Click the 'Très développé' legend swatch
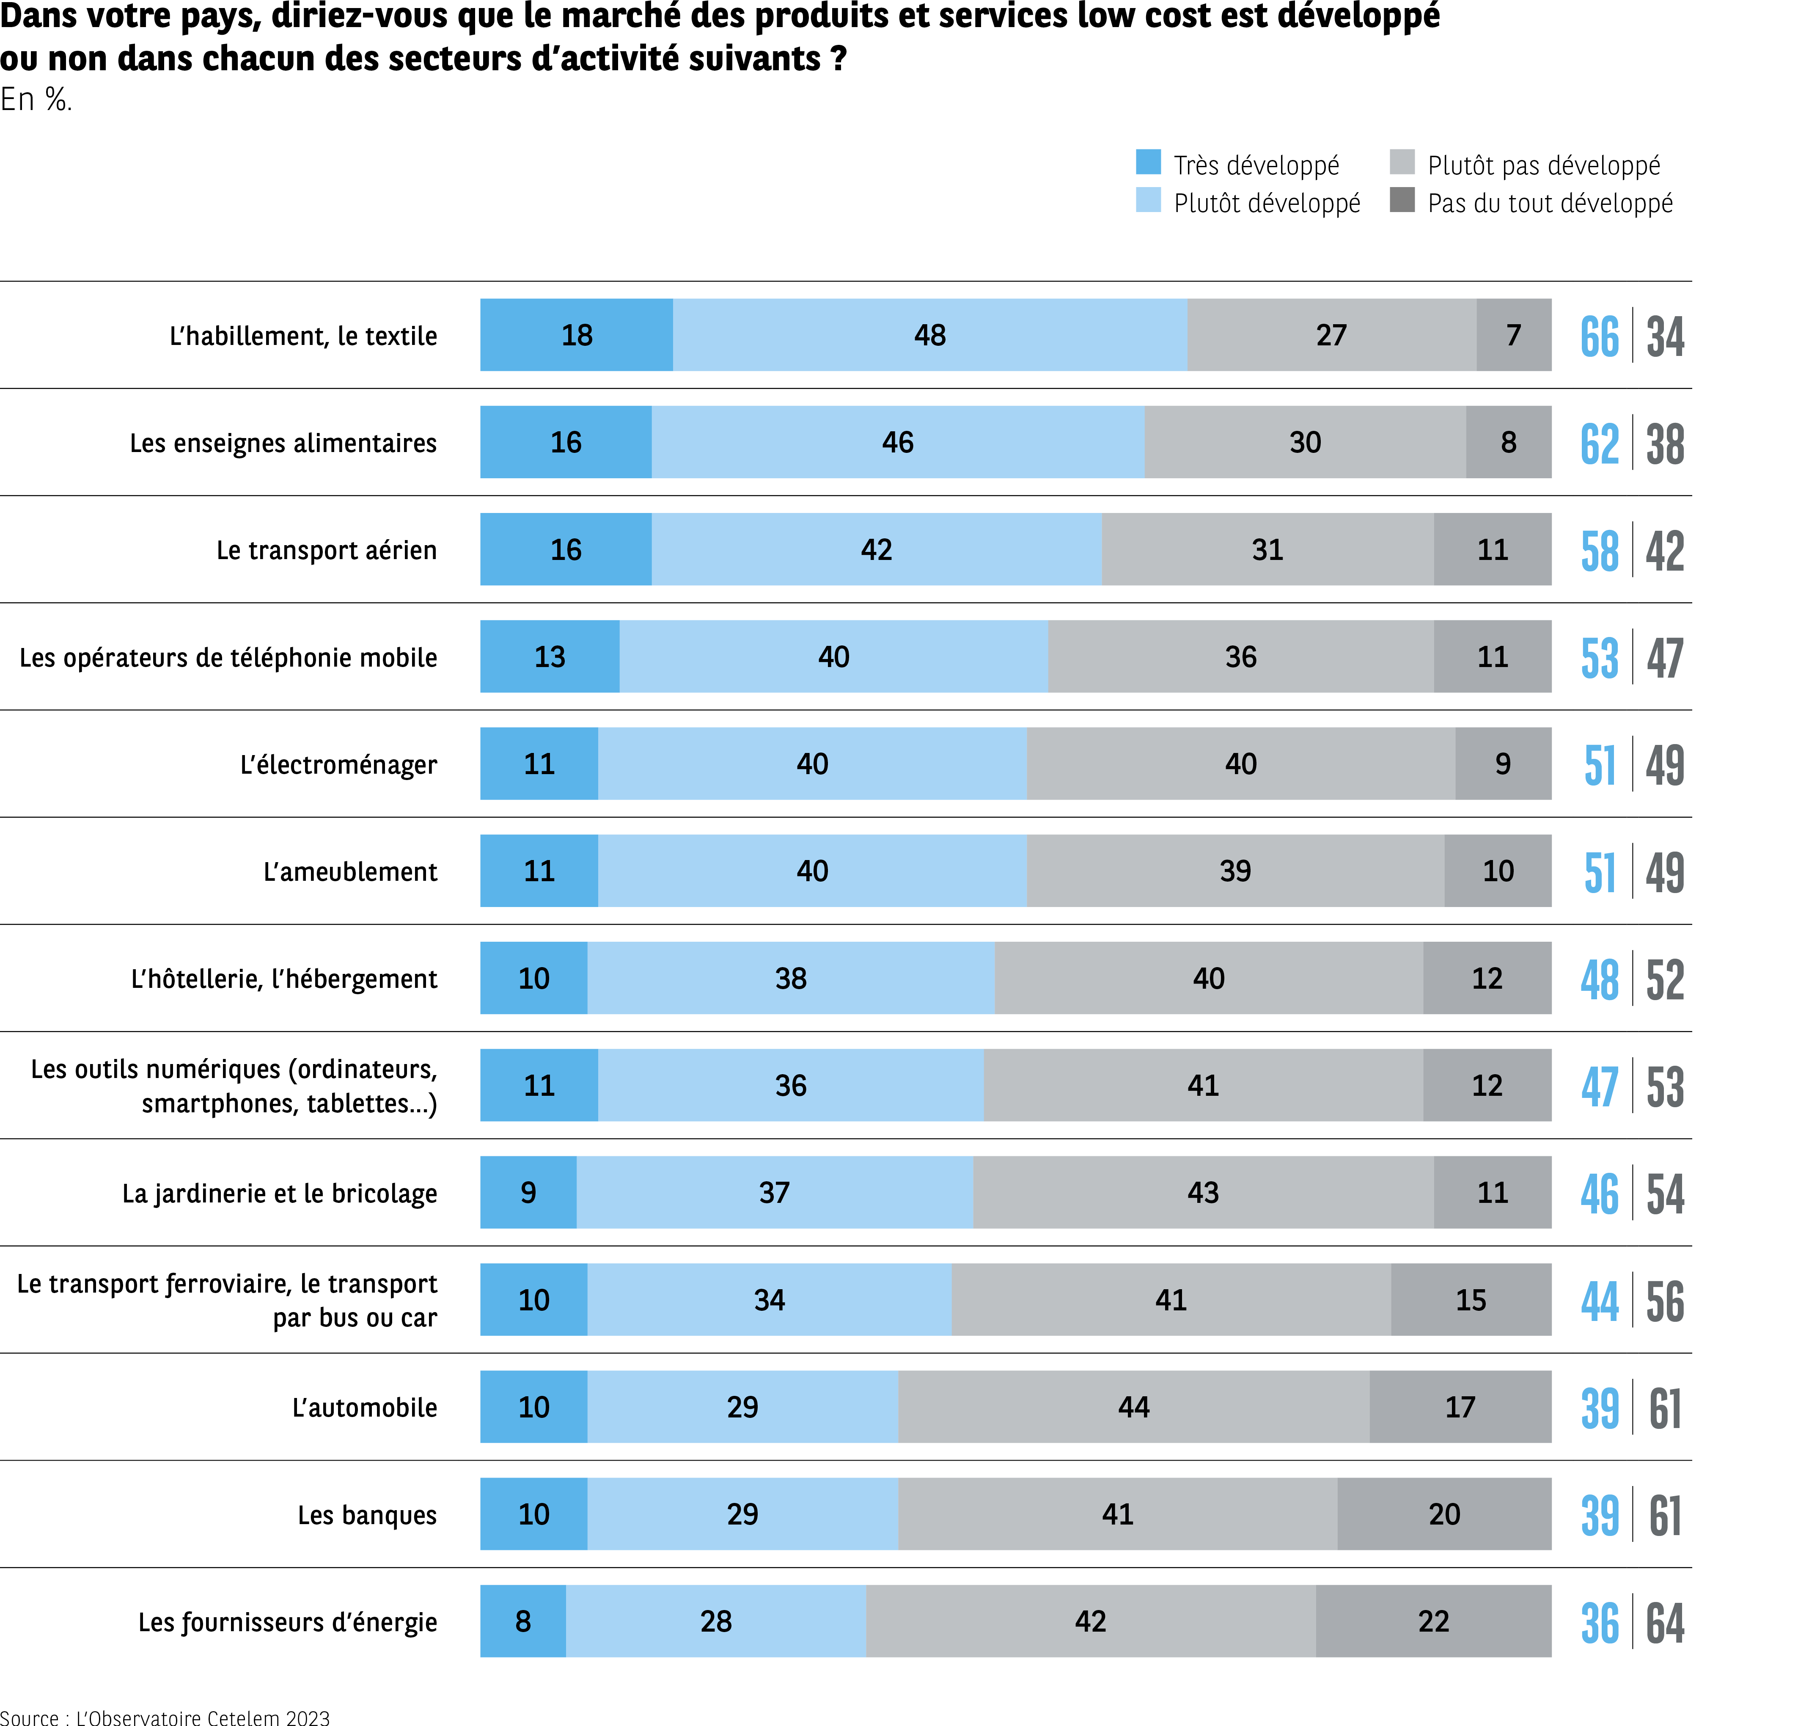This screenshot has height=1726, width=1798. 1148,163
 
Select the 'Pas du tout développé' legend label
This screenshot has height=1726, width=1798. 1549,203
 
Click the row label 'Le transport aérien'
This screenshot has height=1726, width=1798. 327,550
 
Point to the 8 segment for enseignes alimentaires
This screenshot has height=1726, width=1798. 1508,442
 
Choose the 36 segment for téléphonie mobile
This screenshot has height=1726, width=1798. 1240,657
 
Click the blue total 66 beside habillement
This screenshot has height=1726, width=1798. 1599,337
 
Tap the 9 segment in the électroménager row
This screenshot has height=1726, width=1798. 1503,764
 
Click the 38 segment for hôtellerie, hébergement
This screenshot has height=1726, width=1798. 791,978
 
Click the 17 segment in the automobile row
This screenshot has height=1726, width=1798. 1460,1407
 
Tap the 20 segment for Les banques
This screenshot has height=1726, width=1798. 1444,1514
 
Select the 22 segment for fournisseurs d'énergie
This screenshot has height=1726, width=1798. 1433,1621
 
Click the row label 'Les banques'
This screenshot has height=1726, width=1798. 367,1515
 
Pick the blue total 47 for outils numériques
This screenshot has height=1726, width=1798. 1599,1087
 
